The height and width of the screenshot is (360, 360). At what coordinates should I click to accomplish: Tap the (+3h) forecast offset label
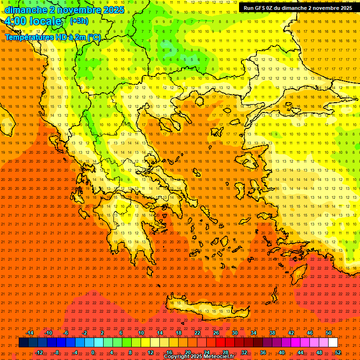(x=78, y=21)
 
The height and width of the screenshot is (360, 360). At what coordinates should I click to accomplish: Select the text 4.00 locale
(x=34, y=21)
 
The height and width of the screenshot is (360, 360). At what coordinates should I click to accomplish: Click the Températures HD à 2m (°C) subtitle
(x=53, y=37)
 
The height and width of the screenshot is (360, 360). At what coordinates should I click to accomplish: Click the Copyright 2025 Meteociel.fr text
(x=199, y=357)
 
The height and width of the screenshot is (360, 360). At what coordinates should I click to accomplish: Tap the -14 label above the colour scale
(x=30, y=333)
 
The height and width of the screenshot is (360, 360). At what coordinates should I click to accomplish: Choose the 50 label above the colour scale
(x=329, y=333)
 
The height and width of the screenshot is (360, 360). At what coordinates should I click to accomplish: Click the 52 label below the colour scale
(x=338, y=352)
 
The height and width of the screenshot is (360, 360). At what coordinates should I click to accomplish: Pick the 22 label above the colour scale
(x=197, y=333)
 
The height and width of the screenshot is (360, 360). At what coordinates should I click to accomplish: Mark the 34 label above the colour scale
(x=254, y=333)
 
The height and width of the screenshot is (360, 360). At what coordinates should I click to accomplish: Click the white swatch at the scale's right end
(x=333, y=343)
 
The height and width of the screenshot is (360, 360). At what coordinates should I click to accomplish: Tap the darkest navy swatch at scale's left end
(x=23, y=343)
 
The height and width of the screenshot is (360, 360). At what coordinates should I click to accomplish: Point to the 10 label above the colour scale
(x=141, y=333)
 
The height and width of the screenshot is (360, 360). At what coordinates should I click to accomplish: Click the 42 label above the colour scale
(x=291, y=333)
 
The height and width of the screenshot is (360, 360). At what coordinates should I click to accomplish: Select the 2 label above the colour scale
(x=102, y=333)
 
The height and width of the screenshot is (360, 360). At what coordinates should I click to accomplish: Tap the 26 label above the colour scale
(x=216, y=333)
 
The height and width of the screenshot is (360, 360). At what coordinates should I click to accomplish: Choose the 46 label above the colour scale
(x=310, y=333)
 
